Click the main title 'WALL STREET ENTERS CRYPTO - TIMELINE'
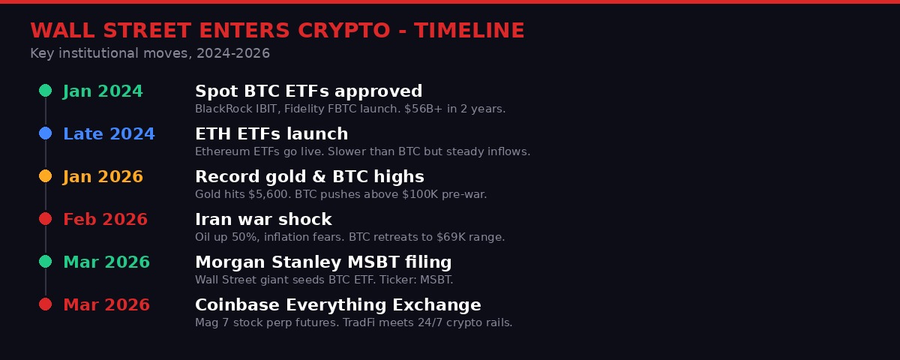(277, 31)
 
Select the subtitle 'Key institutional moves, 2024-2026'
(150, 54)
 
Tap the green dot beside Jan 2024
(45, 91)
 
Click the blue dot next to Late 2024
(45, 133)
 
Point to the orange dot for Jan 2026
(45, 176)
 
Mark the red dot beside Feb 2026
(45, 219)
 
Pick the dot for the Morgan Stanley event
(45, 262)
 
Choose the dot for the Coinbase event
(45, 304)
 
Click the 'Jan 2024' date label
(103, 91)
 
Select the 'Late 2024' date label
(109, 134)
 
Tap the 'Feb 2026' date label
(105, 220)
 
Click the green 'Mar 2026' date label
(106, 262)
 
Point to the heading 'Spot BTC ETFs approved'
(308, 91)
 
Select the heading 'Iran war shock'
(263, 220)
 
